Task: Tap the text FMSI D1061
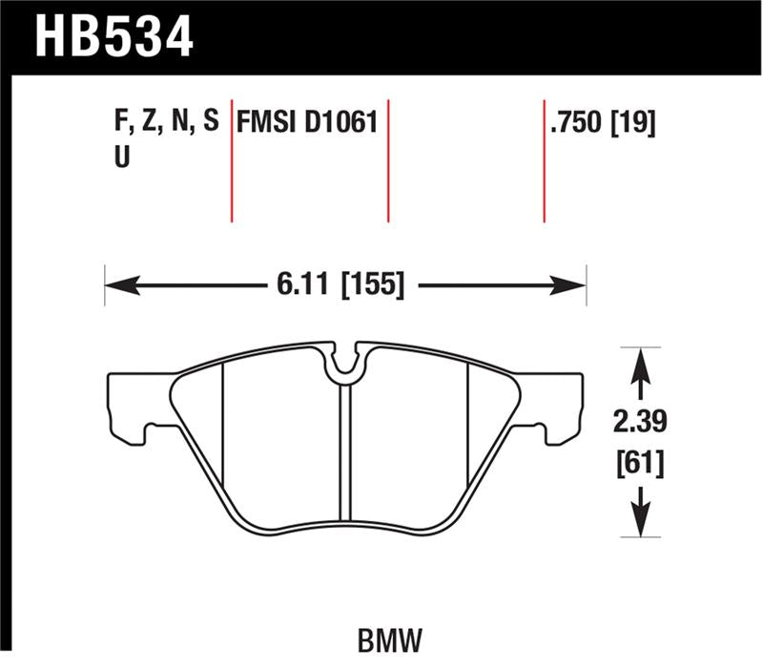307,122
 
